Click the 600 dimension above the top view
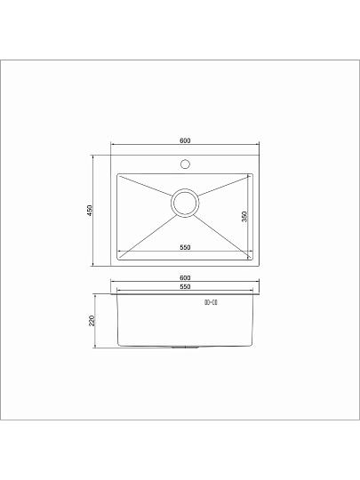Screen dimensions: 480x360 pos(184,141)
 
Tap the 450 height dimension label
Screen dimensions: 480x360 pos(90,210)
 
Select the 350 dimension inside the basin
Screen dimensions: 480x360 pos(244,216)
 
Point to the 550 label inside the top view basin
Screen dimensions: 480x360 pos(185,247)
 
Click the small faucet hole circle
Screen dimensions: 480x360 pos(186,164)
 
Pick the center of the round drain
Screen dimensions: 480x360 pos(185,203)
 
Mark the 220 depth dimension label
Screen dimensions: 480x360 pos(92,321)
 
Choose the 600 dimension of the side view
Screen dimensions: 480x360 pos(185,278)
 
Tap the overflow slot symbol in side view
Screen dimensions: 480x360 pos(212,305)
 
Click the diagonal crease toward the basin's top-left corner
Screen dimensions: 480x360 pos(145,188)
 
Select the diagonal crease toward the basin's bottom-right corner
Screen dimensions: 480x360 pos(224,231)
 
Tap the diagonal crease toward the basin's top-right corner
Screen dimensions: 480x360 pos(224,187)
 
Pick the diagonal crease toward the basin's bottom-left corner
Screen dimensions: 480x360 pos(145,231)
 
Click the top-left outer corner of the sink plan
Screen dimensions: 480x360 pos(111,154)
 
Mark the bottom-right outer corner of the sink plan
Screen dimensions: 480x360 pos(259,265)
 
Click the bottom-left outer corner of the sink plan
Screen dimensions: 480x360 pos(111,265)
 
